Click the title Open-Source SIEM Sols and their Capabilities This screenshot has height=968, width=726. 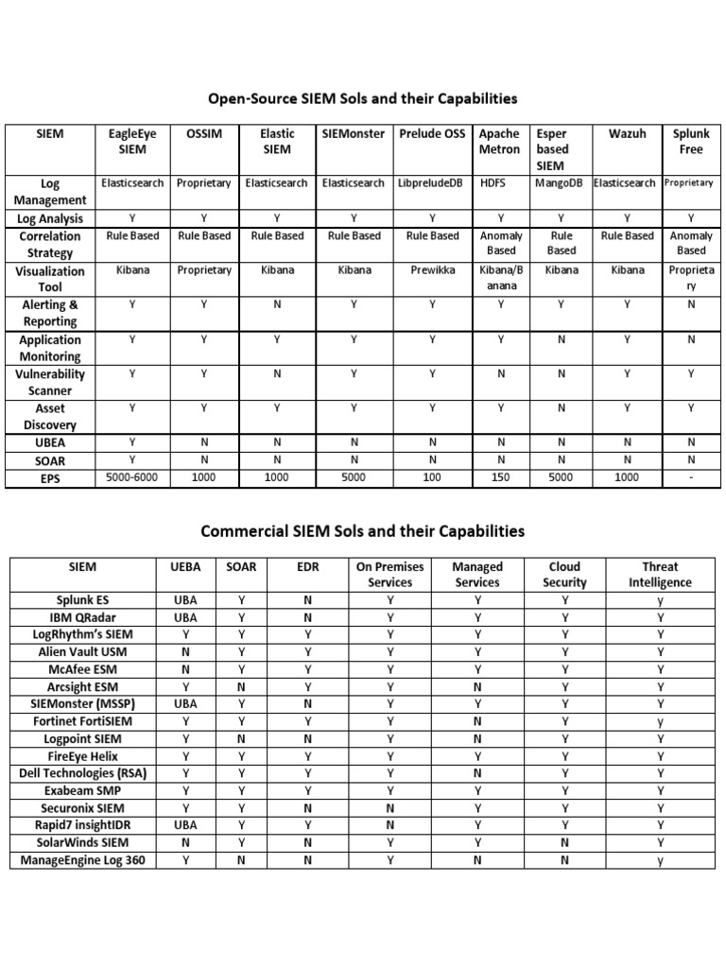(363, 98)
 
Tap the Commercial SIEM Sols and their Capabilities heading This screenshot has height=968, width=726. (363, 531)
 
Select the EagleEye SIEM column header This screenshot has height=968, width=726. (131, 142)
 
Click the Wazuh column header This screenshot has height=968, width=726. (628, 134)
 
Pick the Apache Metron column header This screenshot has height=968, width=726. (500, 142)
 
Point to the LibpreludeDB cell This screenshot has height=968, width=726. (430, 183)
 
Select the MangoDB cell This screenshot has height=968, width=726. (561, 183)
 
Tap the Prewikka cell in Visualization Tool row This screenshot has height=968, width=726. (430, 270)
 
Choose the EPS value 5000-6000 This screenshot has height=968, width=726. (131, 478)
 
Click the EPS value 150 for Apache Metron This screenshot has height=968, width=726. (500, 478)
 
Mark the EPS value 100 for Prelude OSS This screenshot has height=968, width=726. (430, 478)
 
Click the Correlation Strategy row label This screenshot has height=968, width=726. (50, 244)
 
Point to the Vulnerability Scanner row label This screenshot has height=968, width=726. (50, 382)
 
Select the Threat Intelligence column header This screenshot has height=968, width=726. (660, 575)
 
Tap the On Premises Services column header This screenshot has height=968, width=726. (389, 575)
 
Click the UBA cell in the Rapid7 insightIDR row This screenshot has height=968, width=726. (185, 825)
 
